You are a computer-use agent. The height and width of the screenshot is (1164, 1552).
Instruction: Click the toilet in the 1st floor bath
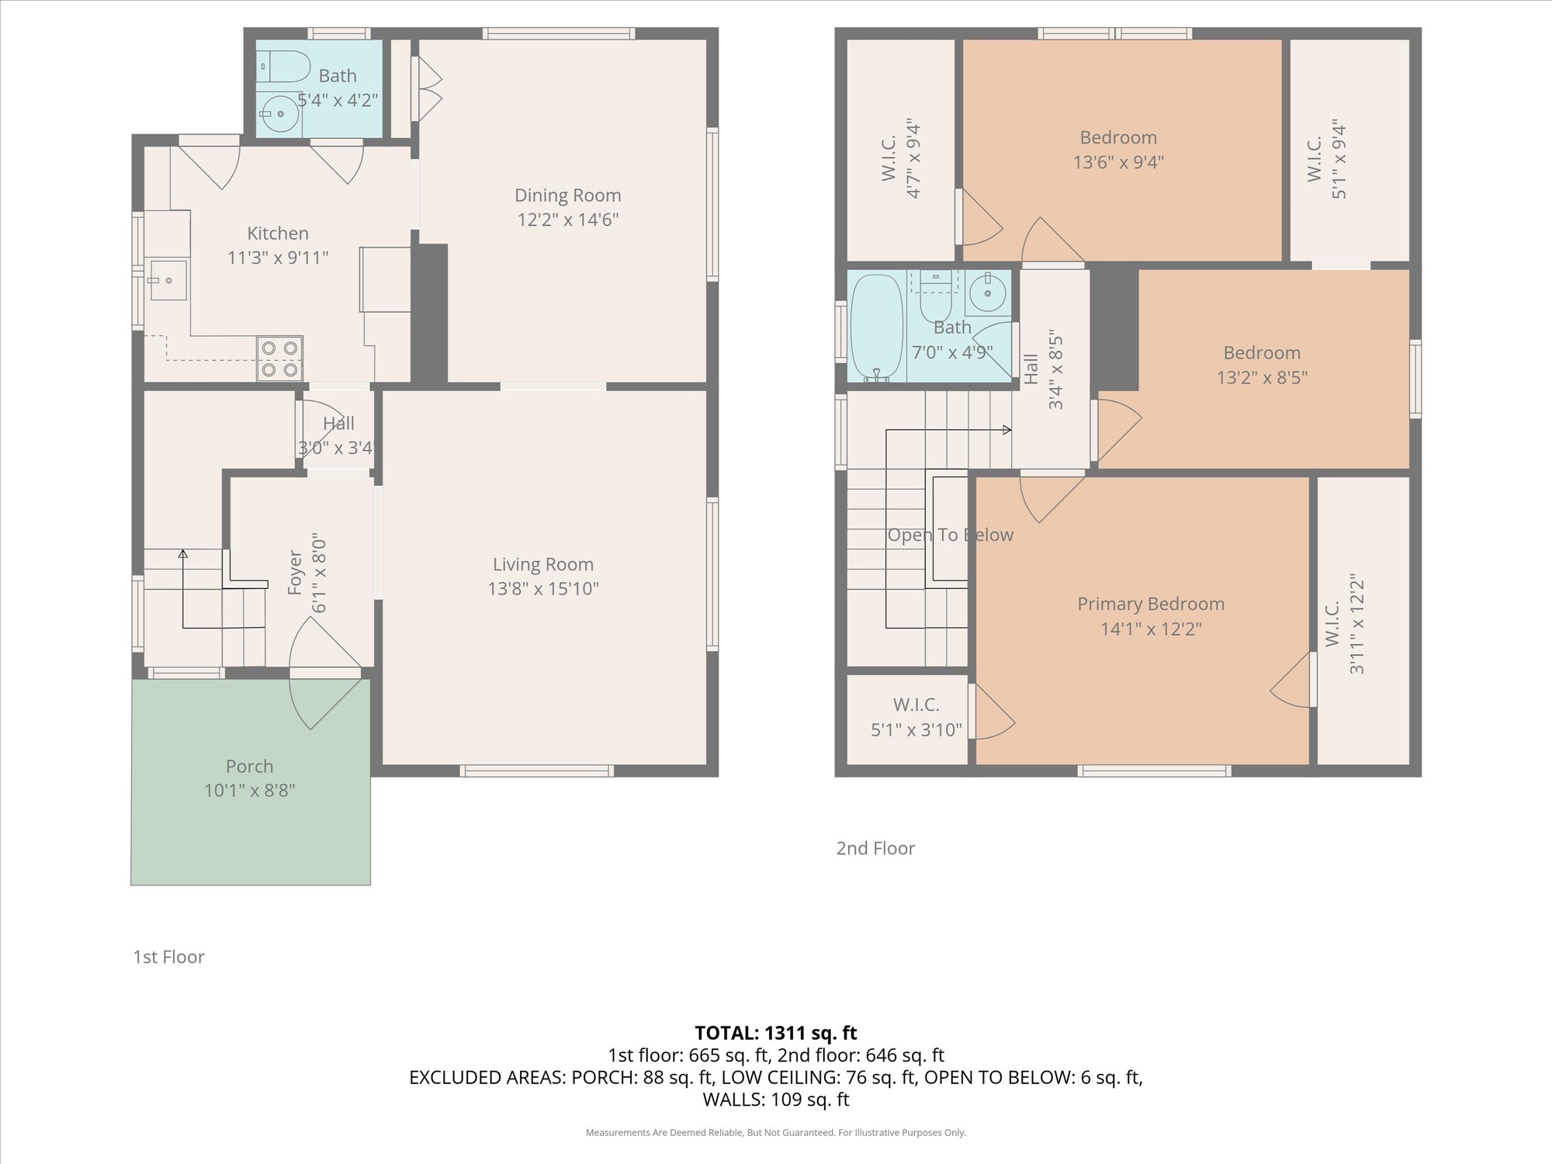point(284,66)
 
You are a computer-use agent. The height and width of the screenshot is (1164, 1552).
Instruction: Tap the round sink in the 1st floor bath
point(280,114)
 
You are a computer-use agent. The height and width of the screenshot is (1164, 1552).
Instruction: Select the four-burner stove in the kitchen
point(279,359)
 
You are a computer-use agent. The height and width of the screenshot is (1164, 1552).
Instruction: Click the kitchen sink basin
point(168,280)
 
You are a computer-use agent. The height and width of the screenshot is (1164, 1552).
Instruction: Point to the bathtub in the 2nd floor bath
point(877,328)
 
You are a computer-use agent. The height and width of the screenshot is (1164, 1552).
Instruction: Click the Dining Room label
point(568,196)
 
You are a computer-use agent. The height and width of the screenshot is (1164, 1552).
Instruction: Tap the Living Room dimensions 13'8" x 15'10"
point(543,589)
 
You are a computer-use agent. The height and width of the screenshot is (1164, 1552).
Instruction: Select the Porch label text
point(249,766)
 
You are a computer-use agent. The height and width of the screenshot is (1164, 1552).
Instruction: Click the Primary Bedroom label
point(1151,604)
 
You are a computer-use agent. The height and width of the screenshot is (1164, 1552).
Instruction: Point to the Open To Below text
point(951,535)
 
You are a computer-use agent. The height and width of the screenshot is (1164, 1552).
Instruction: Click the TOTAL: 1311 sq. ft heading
point(776,1033)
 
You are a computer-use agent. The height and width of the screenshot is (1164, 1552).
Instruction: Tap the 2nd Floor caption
point(875,848)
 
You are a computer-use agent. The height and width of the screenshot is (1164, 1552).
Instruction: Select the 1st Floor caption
point(168,957)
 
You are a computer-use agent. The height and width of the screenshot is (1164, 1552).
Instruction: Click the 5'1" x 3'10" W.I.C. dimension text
point(916,729)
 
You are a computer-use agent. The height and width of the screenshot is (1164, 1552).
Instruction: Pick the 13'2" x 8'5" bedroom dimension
point(1262,377)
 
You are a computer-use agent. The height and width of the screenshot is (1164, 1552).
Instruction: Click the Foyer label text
point(295,573)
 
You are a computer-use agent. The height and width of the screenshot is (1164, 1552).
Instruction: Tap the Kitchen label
point(278,233)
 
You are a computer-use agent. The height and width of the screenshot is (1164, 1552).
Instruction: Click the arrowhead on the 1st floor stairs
point(183,554)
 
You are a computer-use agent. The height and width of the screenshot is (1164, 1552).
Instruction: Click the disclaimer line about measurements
point(776,1133)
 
